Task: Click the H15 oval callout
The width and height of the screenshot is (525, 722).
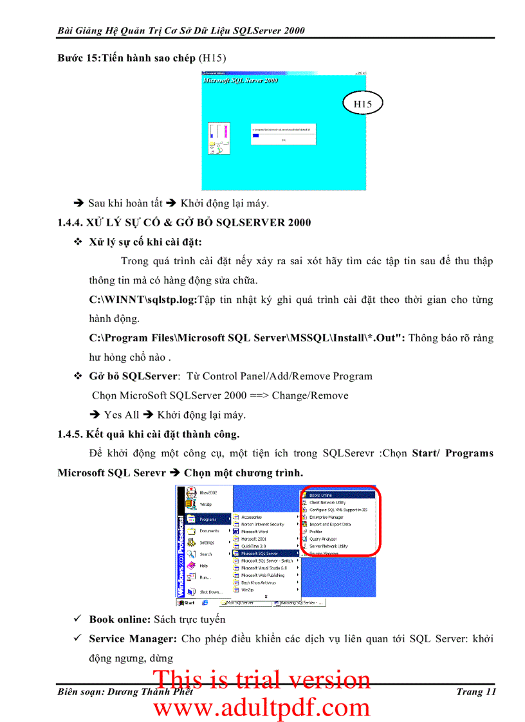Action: point(362,104)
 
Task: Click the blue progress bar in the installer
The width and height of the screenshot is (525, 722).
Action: point(255,135)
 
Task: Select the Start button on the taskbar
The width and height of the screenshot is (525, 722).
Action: point(186,603)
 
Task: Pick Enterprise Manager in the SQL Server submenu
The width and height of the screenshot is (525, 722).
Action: point(326,517)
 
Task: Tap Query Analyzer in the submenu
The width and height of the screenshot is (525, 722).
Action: point(323,539)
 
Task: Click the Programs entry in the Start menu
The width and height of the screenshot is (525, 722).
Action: point(207,519)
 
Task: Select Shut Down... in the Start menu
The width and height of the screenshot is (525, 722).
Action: point(210,591)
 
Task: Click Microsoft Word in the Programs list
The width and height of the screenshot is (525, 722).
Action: point(254,532)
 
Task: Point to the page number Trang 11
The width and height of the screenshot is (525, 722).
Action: point(476,692)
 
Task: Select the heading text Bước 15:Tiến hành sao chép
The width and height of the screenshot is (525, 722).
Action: point(126,58)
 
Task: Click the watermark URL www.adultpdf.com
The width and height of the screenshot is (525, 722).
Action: point(262,707)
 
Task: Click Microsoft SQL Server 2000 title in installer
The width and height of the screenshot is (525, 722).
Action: point(241,81)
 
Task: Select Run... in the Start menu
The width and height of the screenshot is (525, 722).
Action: point(206,577)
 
